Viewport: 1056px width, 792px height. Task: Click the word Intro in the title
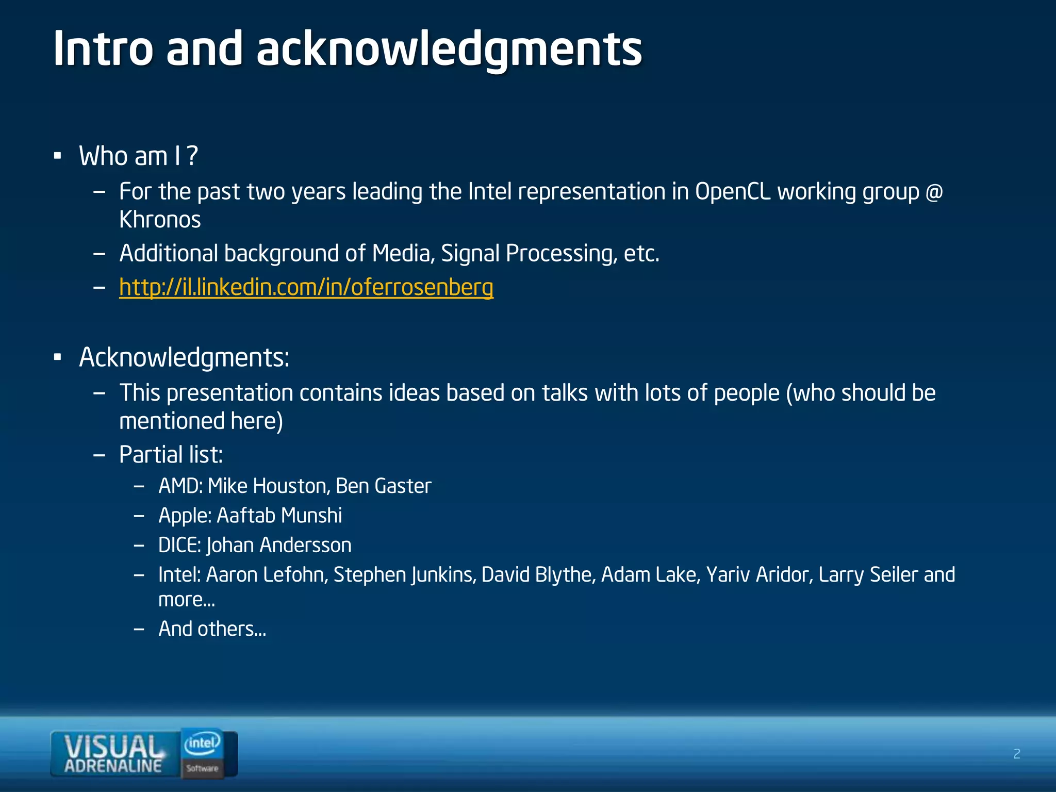tap(103, 48)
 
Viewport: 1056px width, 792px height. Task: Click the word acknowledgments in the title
tap(449, 49)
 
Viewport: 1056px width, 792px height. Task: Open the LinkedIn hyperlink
tap(306, 287)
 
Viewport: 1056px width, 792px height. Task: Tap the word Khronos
tap(160, 220)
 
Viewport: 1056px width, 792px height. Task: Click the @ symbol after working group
tap(934, 192)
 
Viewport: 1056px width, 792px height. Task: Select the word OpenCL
tap(732, 192)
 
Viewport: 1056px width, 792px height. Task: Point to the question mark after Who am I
tap(192, 156)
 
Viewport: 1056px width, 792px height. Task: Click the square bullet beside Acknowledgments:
tap(57, 357)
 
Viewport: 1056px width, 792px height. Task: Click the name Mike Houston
tap(268, 486)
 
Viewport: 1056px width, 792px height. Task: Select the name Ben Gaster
tap(383, 486)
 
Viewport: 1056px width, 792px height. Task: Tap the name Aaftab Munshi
tap(279, 516)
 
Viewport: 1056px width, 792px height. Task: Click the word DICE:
tap(179, 546)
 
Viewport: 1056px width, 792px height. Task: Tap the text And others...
tap(212, 629)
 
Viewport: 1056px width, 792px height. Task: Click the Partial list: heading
tap(171, 455)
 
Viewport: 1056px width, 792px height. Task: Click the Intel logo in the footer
tap(203, 744)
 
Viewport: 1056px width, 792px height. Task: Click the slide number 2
tap(1016, 754)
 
